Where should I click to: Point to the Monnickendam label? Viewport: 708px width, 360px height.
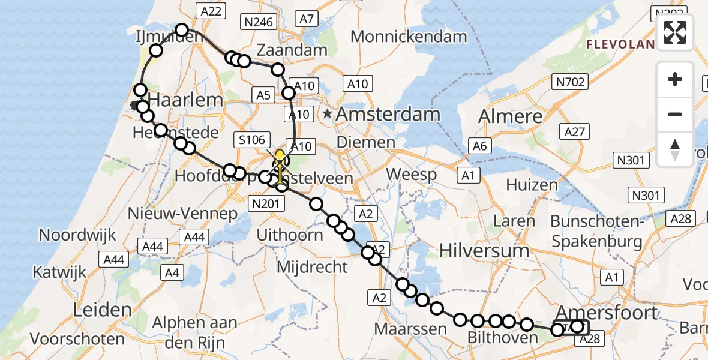point(409,36)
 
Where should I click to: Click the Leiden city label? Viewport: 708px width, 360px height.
point(101,310)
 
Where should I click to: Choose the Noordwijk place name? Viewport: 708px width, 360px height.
point(77,235)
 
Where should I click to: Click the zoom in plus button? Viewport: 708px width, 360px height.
point(675,79)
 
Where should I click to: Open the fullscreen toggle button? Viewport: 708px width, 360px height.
point(675,32)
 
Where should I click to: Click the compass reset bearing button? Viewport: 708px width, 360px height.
point(675,149)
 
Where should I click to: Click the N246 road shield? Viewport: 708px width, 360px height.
point(257,22)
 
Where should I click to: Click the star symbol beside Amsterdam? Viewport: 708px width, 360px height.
point(328,113)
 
